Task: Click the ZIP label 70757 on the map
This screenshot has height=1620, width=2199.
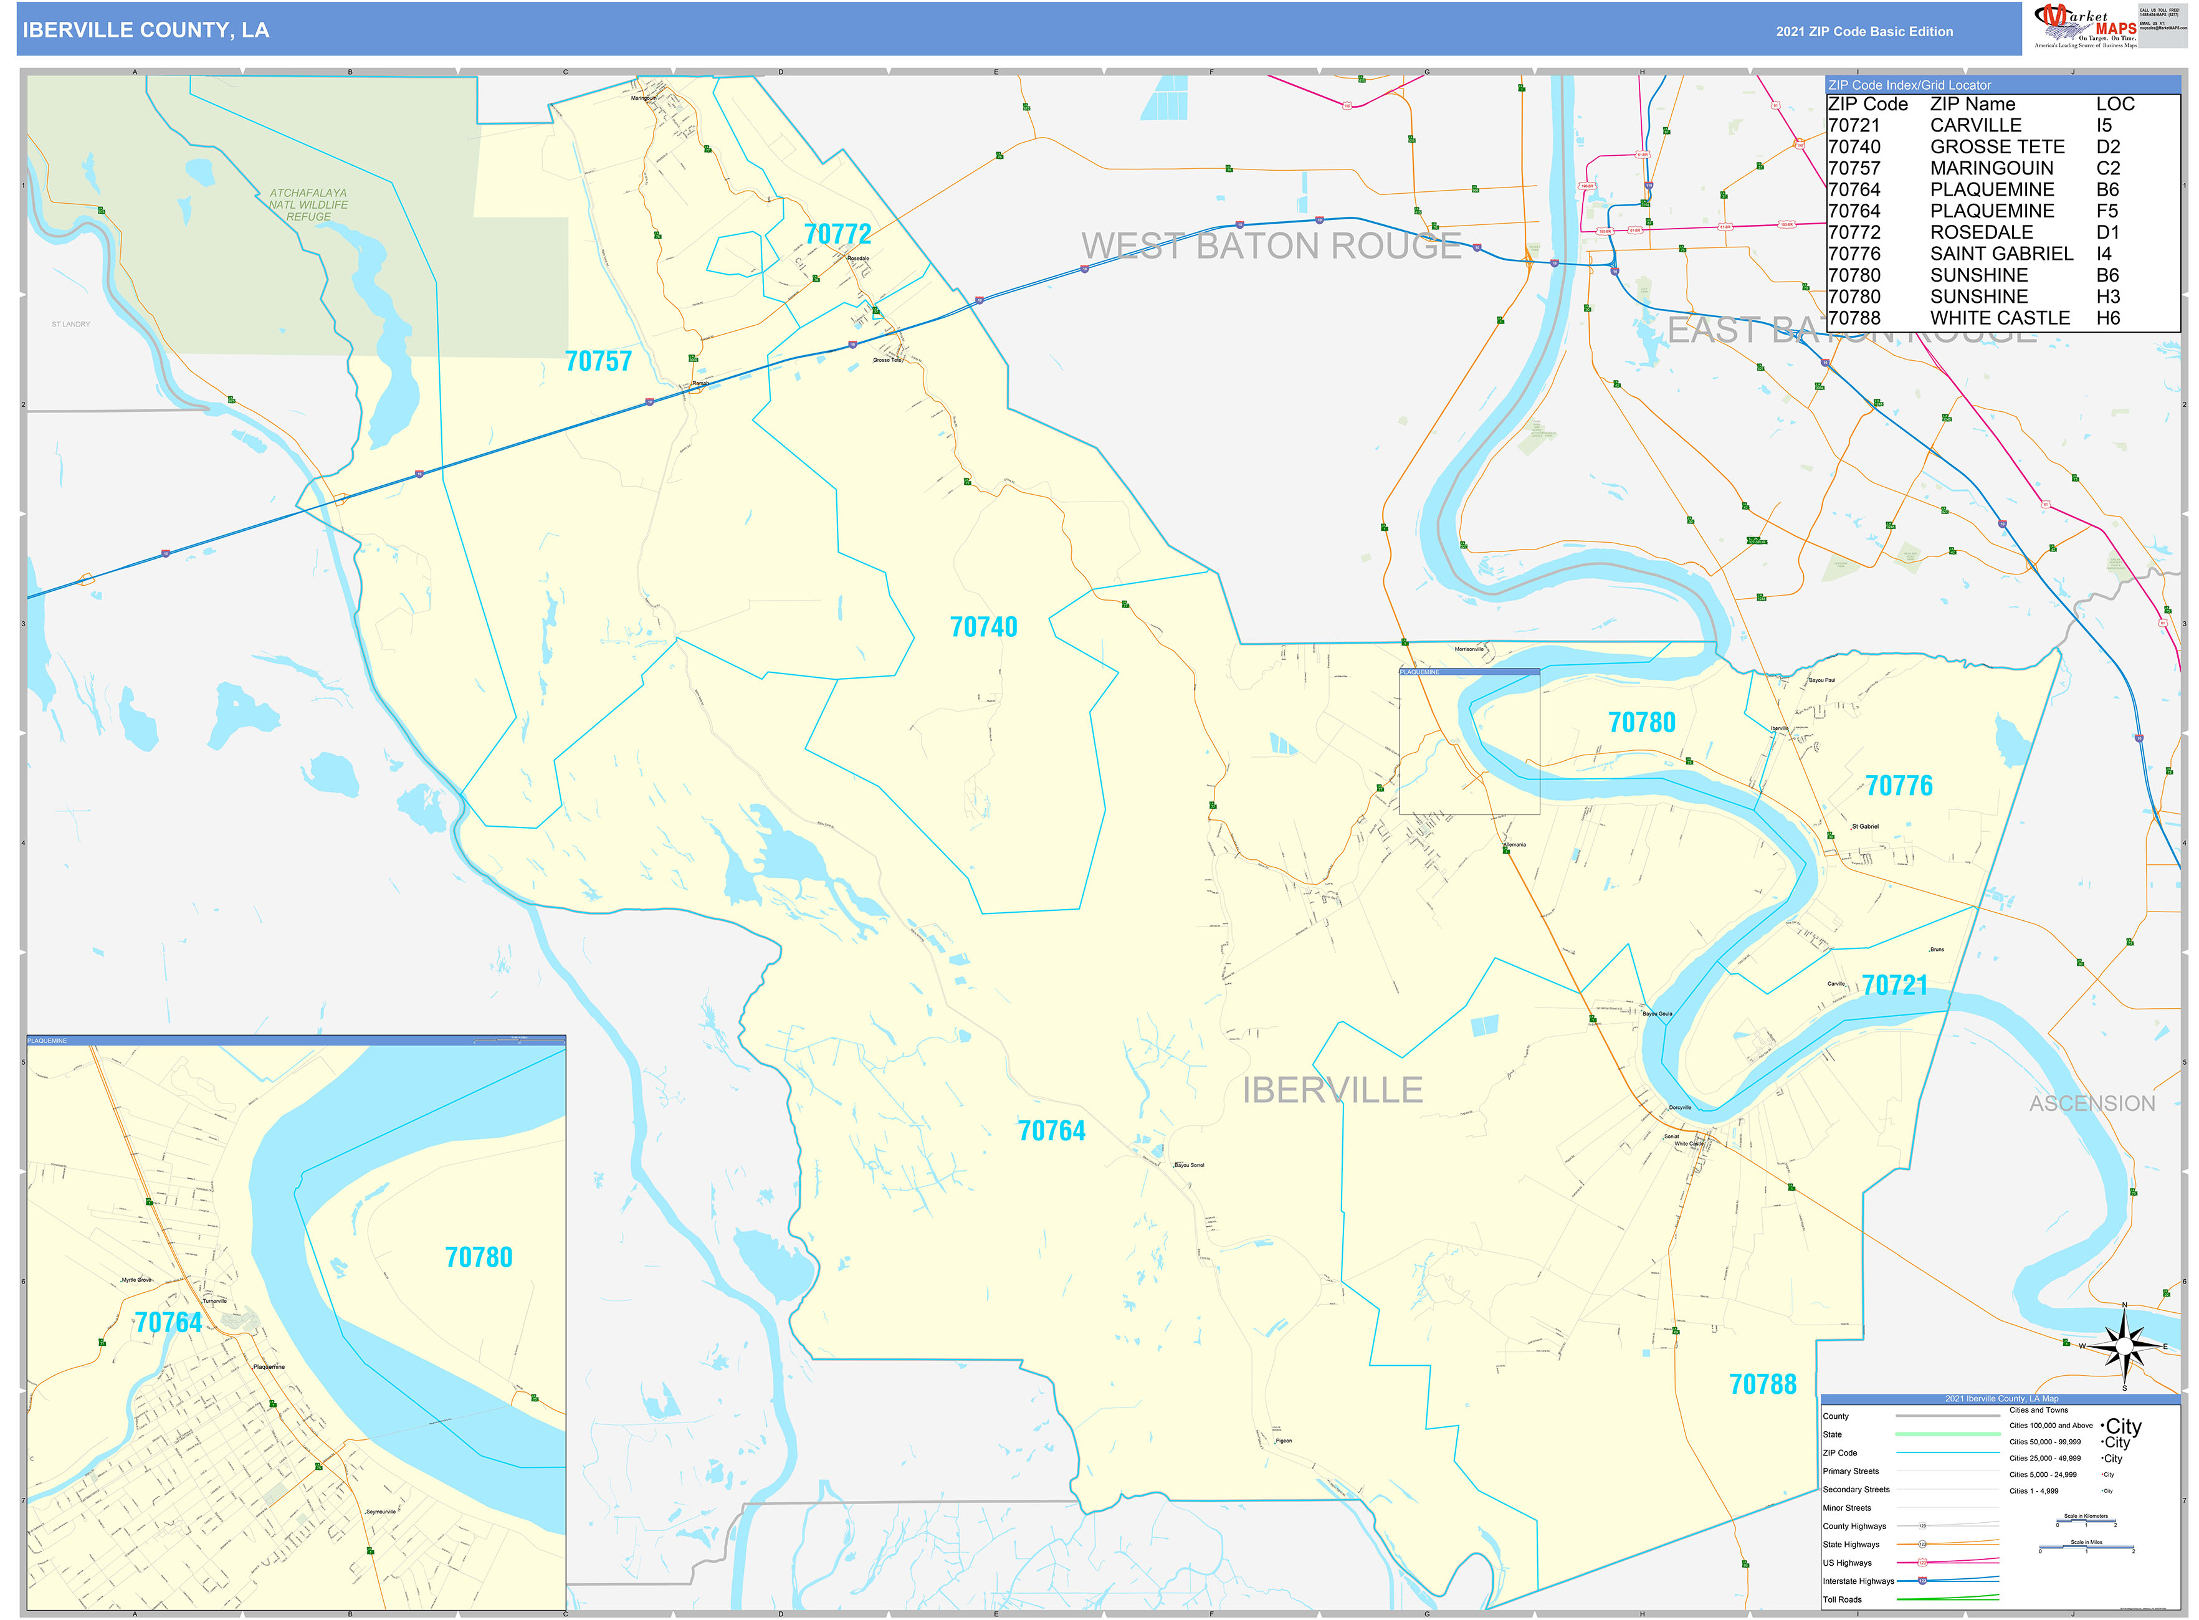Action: click(x=598, y=362)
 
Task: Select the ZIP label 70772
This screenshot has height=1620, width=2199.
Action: click(x=837, y=234)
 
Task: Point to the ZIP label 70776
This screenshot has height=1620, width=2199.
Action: click(x=1898, y=786)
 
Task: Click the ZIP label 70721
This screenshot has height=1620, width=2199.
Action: click(x=1894, y=986)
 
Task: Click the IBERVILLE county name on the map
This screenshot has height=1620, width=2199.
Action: click(x=1332, y=1090)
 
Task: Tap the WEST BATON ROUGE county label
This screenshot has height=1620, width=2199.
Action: click(x=1271, y=246)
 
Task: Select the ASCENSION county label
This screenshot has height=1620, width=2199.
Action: click(x=2091, y=1104)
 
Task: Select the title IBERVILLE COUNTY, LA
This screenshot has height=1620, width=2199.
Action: click(x=146, y=31)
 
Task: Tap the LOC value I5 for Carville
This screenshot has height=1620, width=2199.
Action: click(x=2103, y=125)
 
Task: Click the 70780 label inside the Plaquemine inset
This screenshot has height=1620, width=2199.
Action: click(x=479, y=1258)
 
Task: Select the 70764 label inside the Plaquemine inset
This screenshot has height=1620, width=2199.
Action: click(x=168, y=1323)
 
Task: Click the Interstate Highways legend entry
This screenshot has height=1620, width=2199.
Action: click(x=1858, y=1581)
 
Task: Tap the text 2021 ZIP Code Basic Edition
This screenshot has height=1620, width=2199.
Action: click(x=1864, y=31)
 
